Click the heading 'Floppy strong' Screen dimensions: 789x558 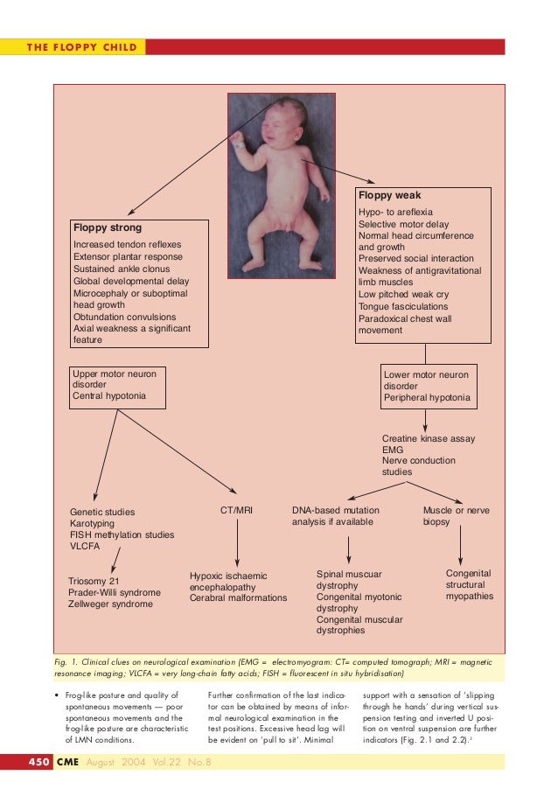[107, 229]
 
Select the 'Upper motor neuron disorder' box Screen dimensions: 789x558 [116, 385]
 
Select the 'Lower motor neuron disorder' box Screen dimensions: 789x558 [429, 387]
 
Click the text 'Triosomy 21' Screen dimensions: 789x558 [94, 580]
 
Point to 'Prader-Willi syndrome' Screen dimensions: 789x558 [115, 592]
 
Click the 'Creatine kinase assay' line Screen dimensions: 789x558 [429, 438]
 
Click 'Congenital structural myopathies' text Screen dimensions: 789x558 [469, 584]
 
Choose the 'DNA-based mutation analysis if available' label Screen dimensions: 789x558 [332, 514]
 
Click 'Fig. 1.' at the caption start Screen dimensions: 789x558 [66, 663]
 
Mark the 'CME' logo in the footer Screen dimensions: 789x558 [66, 763]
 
